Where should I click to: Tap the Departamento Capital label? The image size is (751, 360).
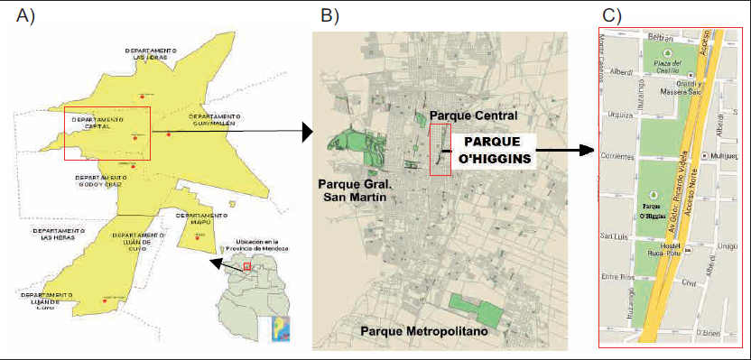[x=97, y=123]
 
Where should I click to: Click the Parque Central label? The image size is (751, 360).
[x=473, y=116]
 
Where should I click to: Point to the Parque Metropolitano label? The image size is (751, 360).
[x=423, y=333]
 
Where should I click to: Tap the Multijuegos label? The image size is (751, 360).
[x=725, y=155]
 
